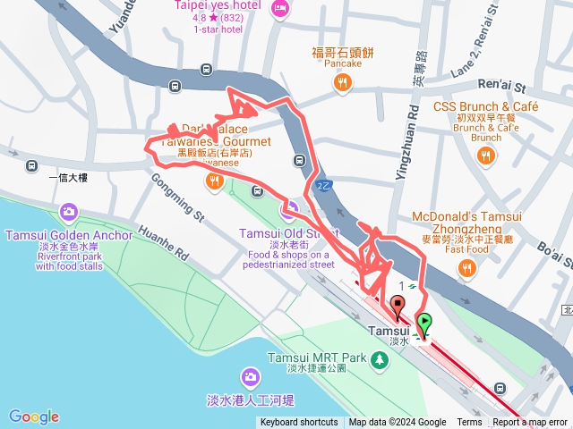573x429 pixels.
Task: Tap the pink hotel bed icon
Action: (279, 9)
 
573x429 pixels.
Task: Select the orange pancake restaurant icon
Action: (342, 83)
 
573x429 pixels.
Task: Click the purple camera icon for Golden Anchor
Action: (68, 213)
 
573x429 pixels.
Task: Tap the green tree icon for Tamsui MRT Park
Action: (381, 359)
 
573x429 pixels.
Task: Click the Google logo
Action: (34, 416)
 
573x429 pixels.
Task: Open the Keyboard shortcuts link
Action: (299, 423)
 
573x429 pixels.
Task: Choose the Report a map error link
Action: (530, 423)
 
